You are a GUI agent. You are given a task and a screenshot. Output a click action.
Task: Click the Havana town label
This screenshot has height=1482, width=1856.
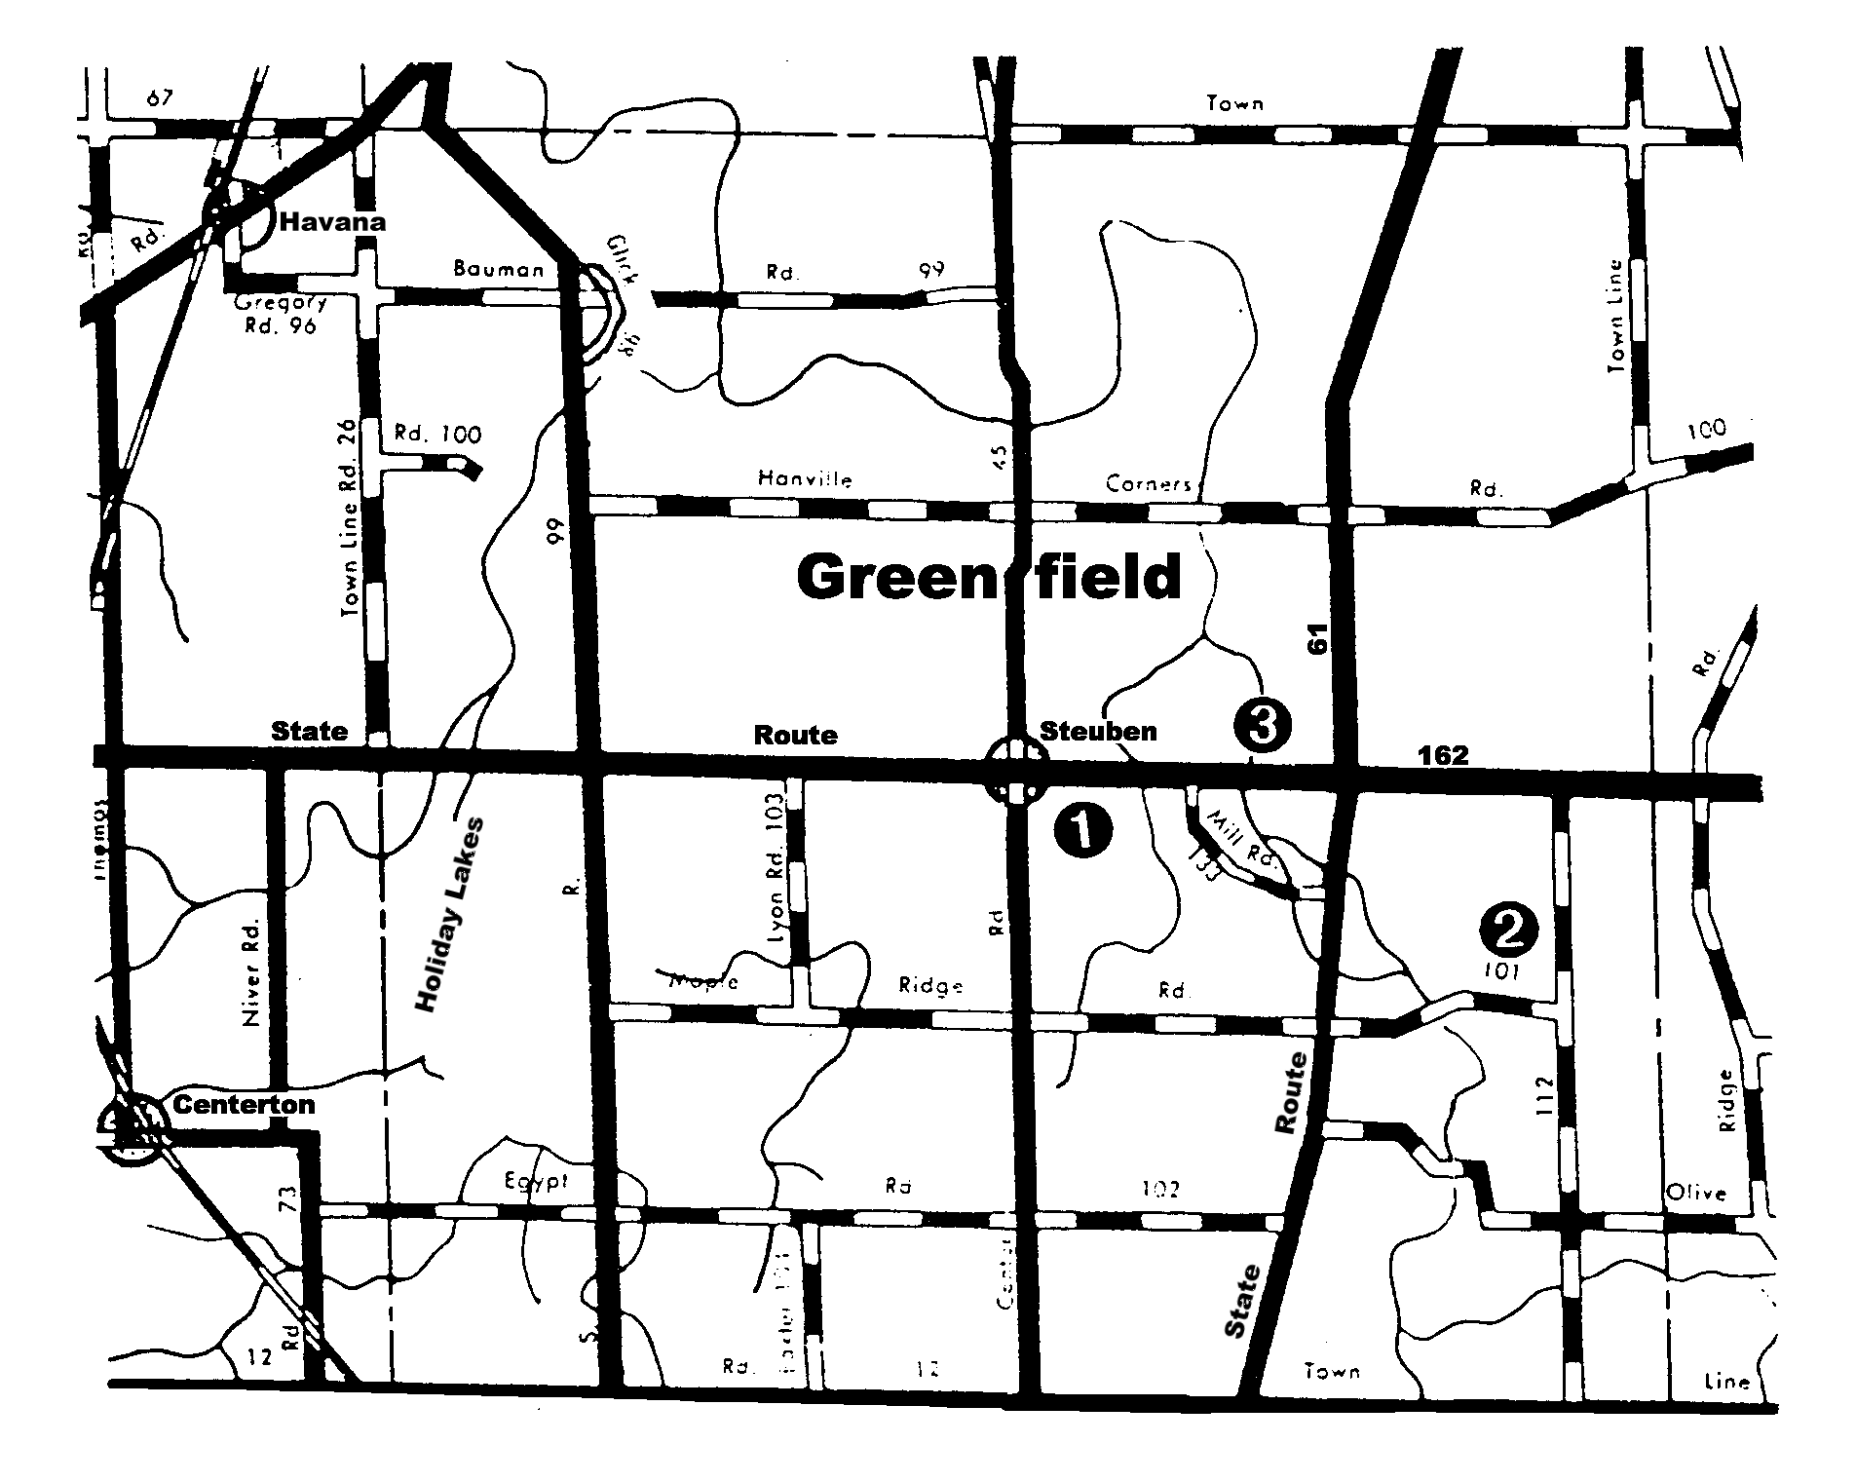(x=332, y=222)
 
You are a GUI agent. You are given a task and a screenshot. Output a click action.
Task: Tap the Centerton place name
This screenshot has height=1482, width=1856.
(x=244, y=1104)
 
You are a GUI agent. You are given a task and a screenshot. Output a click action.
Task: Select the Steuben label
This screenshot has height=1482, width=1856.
(x=1098, y=731)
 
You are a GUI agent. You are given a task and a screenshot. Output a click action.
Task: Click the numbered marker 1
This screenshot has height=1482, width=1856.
(x=1082, y=829)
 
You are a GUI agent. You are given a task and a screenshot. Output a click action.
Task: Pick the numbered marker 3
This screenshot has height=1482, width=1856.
(x=1262, y=725)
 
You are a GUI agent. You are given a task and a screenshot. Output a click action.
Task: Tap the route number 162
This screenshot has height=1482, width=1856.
(x=1443, y=755)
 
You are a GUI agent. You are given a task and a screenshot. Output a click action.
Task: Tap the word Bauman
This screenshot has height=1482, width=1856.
(x=498, y=269)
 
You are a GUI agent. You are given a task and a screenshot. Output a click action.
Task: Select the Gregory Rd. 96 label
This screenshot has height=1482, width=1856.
(x=281, y=314)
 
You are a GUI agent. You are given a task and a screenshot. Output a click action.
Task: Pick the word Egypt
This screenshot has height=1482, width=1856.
(x=536, y=1181)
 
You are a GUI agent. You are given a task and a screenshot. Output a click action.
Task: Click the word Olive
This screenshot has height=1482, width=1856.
(x=1696, y=1193)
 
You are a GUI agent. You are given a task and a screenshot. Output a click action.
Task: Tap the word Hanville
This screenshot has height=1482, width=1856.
(x=805, y=478)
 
